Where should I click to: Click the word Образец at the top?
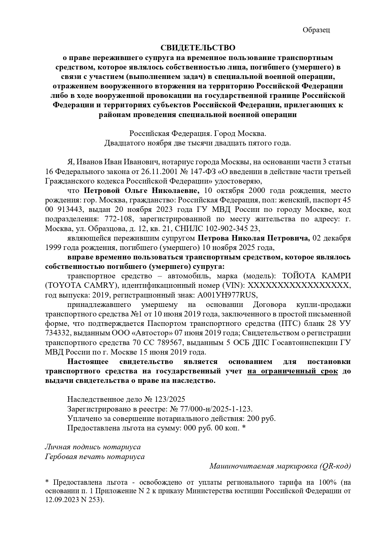point(316,30)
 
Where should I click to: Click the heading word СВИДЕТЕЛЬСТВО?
point(198,48)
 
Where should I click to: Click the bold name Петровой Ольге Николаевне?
point(142,191)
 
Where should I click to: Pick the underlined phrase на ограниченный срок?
point(292,371)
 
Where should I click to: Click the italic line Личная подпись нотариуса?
point(93,447)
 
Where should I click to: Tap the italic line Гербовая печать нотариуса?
point(95,457)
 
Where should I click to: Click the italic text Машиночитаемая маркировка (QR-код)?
point(280,466)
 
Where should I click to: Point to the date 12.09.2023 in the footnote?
point(61,500)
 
